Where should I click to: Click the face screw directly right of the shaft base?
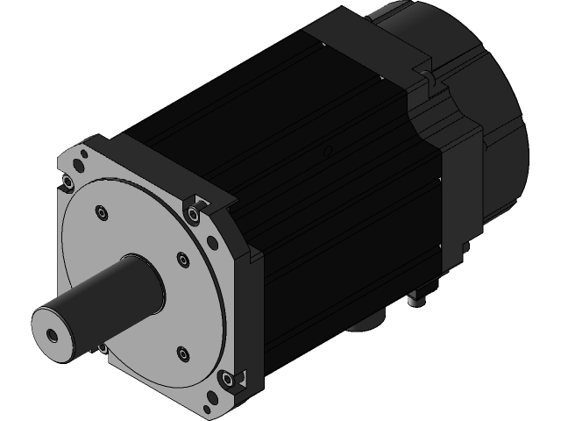tap(181, 259)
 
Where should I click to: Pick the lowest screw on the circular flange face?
tap(181, 353)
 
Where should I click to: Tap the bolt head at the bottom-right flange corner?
tap(228, 380)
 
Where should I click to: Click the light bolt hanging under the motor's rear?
tap(417, 301)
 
